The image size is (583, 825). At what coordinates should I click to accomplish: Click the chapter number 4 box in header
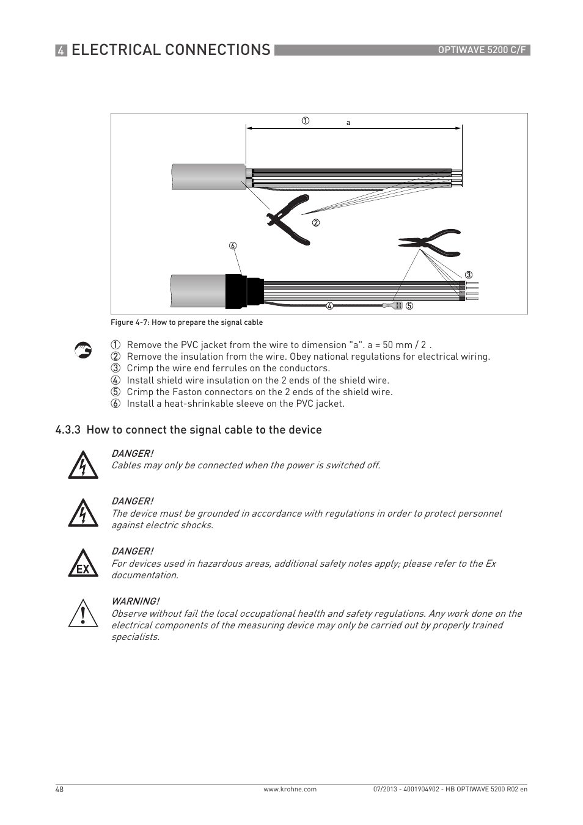(61, 51)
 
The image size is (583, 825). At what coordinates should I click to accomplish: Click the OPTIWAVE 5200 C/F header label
(482, 50)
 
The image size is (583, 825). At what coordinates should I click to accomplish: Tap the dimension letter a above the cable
(348, 123)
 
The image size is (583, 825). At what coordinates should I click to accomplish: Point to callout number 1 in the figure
(305, 120)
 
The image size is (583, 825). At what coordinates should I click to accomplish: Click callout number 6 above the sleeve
(233, 246)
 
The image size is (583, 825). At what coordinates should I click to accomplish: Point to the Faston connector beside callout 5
(394, 305)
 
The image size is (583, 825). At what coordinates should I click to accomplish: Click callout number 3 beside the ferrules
(469, 274)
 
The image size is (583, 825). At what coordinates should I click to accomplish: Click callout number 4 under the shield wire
(329, 306)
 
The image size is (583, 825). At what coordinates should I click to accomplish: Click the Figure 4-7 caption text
(186, 322)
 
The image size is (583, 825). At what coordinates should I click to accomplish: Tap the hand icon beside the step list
(83, 349)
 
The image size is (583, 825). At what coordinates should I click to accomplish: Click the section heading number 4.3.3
(68, 430)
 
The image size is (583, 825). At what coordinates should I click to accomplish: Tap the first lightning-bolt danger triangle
(83, 465)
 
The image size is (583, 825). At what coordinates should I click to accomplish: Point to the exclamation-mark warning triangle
(83, 614)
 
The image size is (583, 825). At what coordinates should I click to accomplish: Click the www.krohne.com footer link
(290, 790)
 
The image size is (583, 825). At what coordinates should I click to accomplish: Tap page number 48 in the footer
(59, 790)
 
